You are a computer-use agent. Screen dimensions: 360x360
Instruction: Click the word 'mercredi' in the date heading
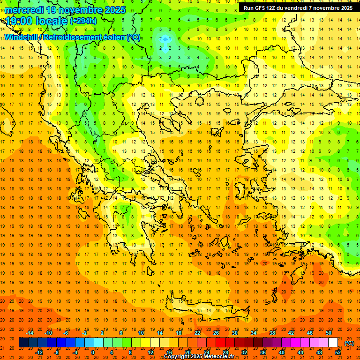tap(25, 10)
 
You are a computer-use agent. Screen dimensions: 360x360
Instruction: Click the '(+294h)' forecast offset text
tap(83, 21)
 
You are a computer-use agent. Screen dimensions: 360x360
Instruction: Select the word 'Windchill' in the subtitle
tap(23, 37)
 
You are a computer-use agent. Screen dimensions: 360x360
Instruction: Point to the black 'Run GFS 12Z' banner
tap(298, 8)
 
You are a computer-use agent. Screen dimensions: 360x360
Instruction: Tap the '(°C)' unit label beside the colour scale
tap(349, 343)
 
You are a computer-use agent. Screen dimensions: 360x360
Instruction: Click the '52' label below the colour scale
tap(338, 352)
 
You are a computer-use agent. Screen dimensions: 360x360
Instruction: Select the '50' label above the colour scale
tap(329, 333)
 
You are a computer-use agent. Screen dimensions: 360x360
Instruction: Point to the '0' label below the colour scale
tap(92, 352)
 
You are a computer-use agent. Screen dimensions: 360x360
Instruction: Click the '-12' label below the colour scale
tap(39, 352)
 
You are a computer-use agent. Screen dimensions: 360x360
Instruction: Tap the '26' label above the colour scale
tap(216, 333)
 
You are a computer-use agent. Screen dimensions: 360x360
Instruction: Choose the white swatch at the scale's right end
tap(333, 343)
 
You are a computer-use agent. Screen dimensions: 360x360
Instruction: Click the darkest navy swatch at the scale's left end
tap(23, 343)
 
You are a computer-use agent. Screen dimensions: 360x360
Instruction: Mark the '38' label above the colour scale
tap(272, 333)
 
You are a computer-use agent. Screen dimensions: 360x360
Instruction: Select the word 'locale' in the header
tap(52, 21)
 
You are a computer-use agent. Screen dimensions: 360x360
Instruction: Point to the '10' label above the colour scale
tap(141, 333)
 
